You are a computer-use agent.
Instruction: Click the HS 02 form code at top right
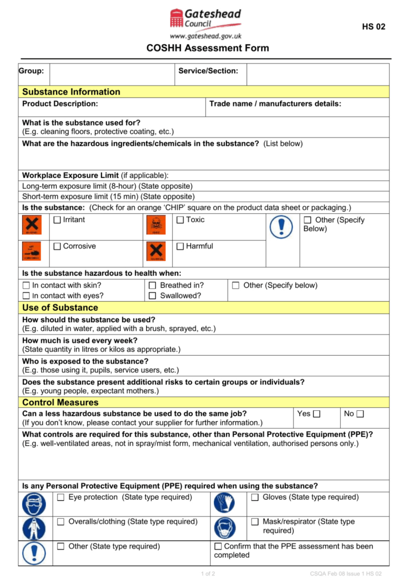(x=374, y=27)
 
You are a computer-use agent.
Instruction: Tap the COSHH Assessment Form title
(x=207, y=48)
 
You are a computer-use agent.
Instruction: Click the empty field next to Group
(x=112, y=74)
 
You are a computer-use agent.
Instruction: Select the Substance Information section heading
(x=71, y=92)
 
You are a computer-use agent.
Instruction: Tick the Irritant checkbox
(x=57, y=220)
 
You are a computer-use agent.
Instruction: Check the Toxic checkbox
(x=180, y=220)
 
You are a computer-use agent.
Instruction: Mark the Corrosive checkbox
(x=57, y=246)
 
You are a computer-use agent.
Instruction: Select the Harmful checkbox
(x=180, y=246)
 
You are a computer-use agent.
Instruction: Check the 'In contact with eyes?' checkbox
(x=26, y=296)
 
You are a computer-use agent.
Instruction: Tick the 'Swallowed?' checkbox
(x=153, y=296)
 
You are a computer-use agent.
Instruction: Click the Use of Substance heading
(x=60, y=308)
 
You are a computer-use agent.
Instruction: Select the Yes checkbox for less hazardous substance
(x=317, y=414)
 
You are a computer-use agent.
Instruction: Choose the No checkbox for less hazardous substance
(x=361, y=414)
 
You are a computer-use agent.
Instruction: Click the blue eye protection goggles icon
(x=34, y=504)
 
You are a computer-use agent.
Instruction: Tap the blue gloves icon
(x=224, y=504)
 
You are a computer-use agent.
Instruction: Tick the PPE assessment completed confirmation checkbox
(x=218, y=546)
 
